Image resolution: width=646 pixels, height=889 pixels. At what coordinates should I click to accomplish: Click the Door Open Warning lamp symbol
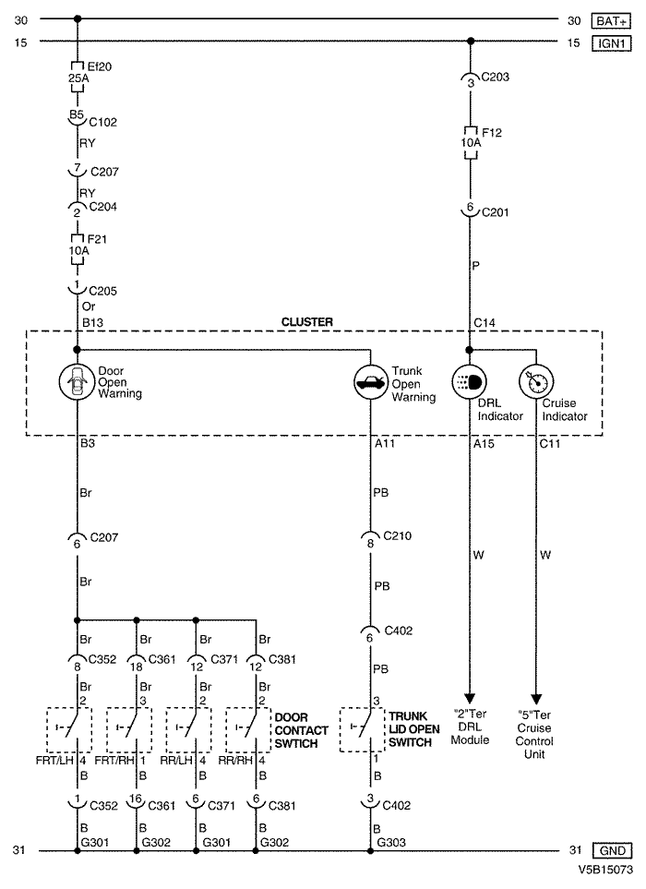(77, 381)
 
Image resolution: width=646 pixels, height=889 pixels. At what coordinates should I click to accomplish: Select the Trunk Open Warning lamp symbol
(370, 381)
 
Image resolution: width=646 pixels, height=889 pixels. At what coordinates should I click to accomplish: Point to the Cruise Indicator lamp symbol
(536, 381)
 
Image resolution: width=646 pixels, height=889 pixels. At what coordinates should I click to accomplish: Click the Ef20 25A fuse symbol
(77, 73)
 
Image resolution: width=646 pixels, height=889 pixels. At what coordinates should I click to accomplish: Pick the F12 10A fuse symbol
(471, 144)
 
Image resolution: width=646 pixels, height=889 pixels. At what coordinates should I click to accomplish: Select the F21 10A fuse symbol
(77, 248)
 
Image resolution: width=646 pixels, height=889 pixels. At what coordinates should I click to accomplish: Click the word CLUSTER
(306, 322)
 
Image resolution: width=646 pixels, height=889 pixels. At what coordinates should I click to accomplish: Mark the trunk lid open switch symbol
(362, 729)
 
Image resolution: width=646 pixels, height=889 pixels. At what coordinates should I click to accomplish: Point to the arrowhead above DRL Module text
(471, 697)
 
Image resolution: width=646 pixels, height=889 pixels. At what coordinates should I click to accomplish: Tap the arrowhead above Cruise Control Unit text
(536, 697)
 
